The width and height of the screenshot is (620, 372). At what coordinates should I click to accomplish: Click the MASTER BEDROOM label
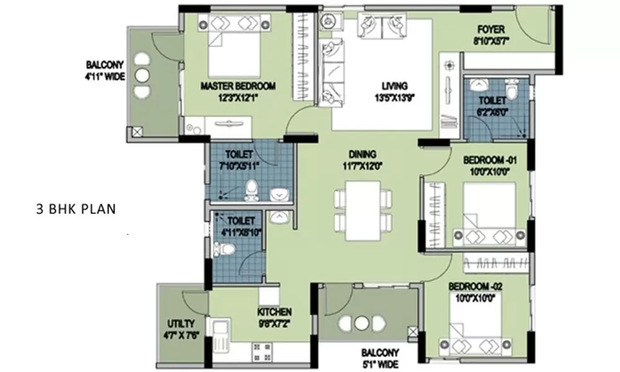(238, 86)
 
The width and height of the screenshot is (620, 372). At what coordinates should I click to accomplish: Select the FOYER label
(491, 29)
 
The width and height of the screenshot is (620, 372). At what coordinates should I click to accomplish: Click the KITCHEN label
(274, 312)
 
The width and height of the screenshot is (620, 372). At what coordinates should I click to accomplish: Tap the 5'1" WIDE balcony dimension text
(381, 365)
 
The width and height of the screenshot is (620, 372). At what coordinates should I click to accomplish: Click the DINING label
(363, 154)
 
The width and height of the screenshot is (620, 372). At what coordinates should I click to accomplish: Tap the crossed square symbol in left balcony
(137, 131)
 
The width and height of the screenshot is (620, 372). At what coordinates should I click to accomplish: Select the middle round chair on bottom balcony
(363, 322)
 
